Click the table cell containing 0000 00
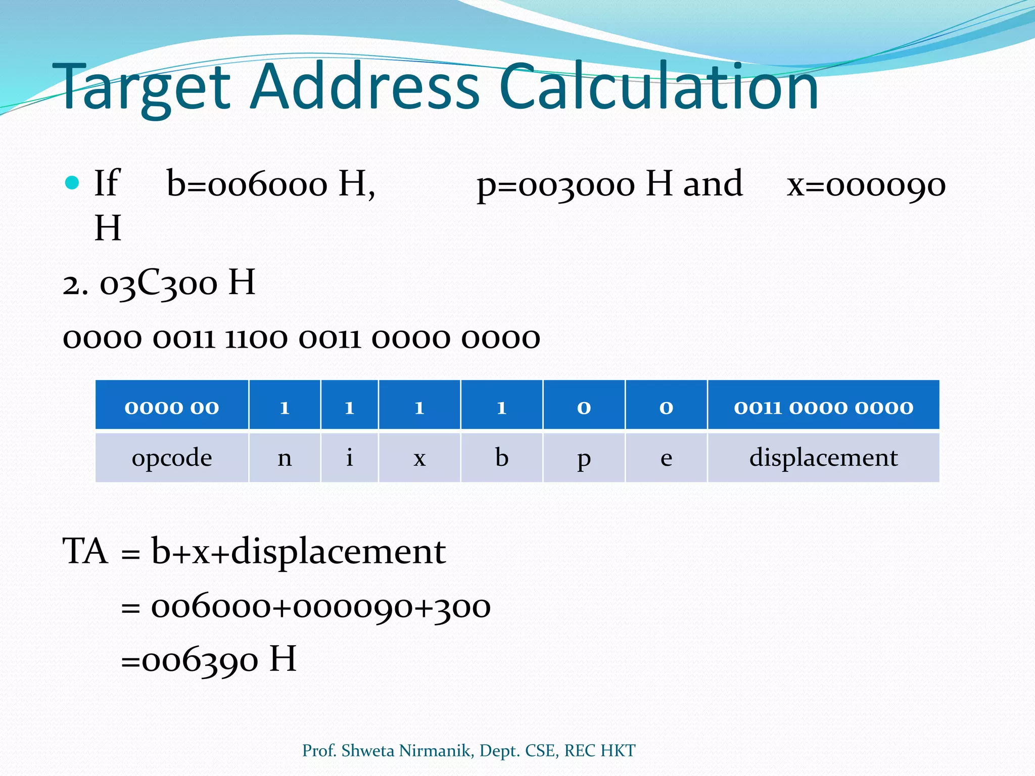click(172, 407)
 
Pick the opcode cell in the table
click(172, 458)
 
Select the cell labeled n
click(285, 458)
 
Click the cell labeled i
click(349, 458)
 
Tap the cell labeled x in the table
click(419, 458)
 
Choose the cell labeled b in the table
click(501, 458)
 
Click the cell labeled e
click(666, 458)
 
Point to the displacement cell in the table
click(823, 458)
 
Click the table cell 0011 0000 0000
click(823, 407)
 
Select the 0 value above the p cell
click(584, 407)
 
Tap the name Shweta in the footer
click(367, 751)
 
